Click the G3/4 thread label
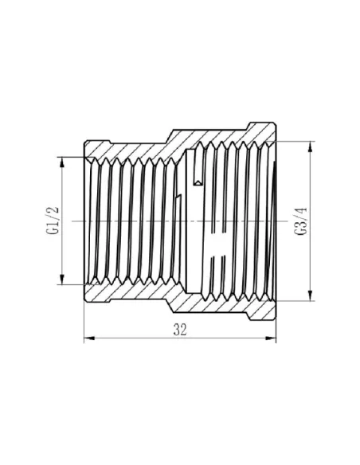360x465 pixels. (299, 221)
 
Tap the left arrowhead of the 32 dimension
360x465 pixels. (88, 339)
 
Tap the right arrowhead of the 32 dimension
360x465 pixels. (271, 339)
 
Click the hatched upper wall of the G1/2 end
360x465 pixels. (127, 147)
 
